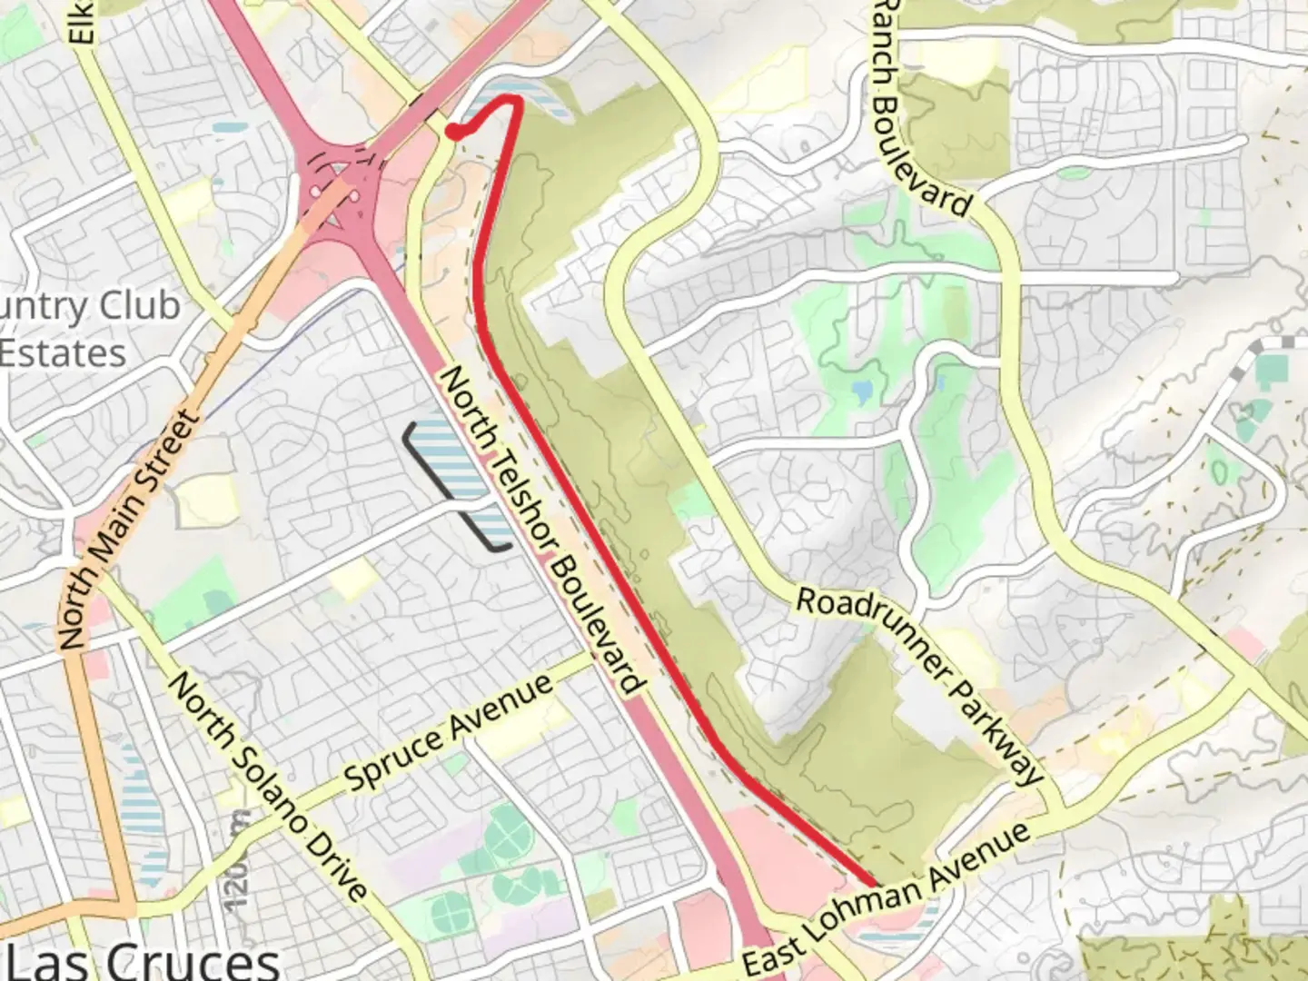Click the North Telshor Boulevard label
543,531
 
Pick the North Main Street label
126,530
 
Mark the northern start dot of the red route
451,133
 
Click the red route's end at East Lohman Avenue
873,883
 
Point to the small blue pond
861,391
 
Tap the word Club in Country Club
138,307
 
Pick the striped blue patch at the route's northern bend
536,98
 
